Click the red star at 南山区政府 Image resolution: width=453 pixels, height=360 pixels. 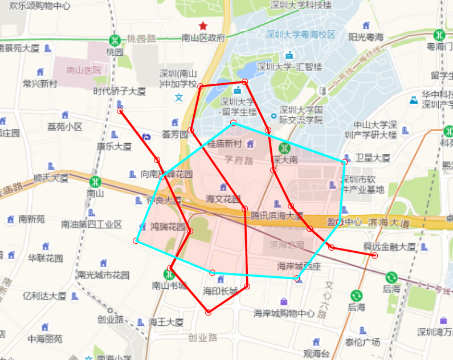(x=202, y=26)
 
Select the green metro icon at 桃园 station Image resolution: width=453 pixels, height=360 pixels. (x=115, y=40)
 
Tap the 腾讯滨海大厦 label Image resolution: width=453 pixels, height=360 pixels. (x=277, y=216)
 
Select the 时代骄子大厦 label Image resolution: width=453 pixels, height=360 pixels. (x=120, y=91)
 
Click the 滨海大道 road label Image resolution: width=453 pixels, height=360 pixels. (x=389, y=222)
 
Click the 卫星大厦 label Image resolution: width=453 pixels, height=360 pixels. (x=373, y=158)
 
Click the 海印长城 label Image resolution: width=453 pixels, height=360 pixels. (x=221, y=291)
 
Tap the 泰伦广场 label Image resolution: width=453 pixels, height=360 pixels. (x=362, y=342)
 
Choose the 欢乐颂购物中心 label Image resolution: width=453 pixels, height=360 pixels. (x=40, y=6)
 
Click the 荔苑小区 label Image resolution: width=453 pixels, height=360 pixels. (x=65, y=126)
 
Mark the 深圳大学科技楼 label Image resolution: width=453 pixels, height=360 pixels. (x=301, y=5)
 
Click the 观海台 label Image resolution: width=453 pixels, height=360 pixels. (x=316, y=354)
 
